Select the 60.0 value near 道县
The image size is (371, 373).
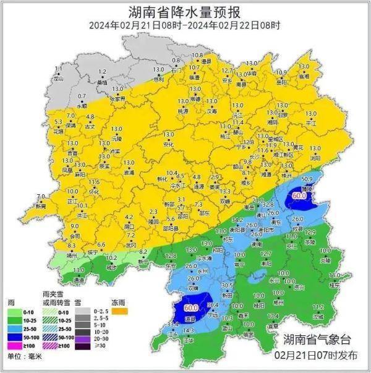[190, 307]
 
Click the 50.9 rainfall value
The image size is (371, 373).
[305, 179]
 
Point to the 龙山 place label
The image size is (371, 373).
[58, 79]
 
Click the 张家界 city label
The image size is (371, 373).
[117, 98]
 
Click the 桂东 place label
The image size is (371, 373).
[334, 285]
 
